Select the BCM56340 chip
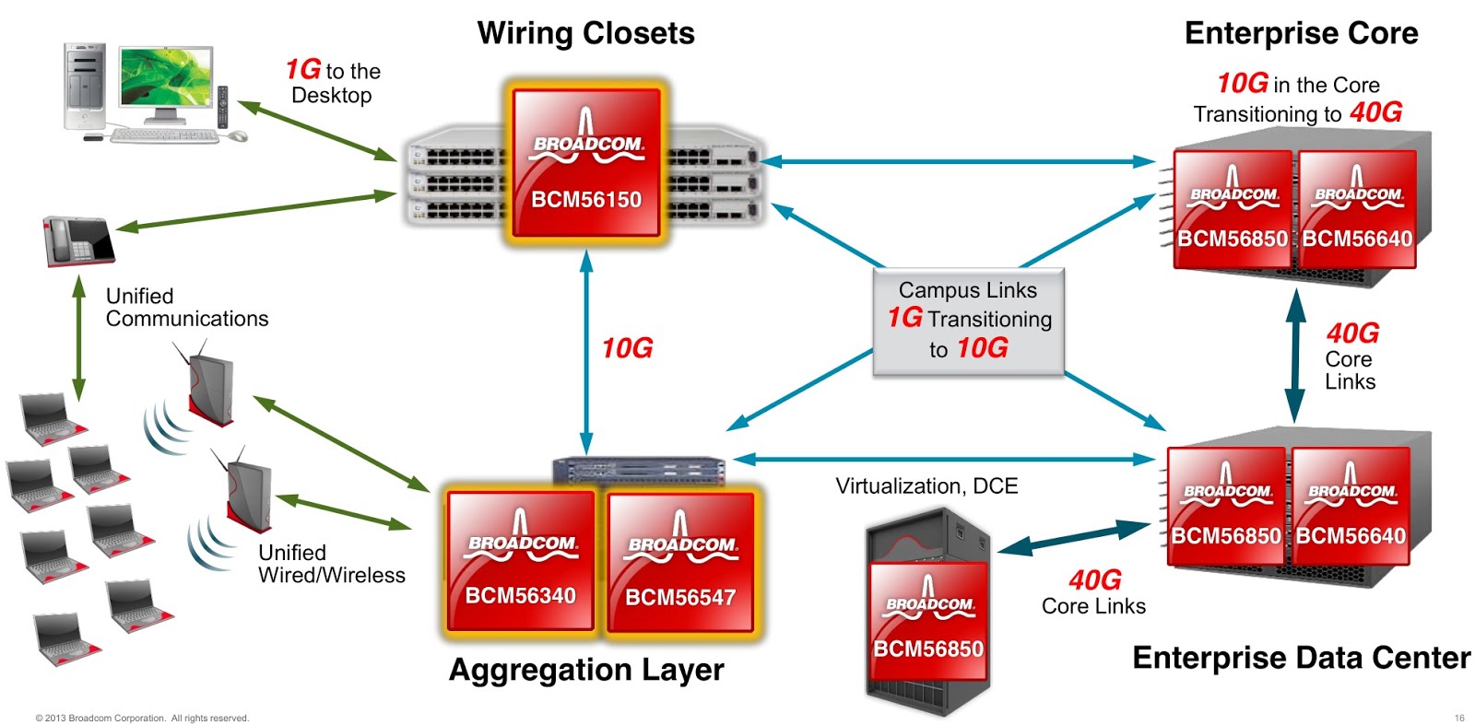521,561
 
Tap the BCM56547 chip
680,563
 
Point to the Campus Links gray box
968,321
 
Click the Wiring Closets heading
585,33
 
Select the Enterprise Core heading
1301,33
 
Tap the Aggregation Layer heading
585,670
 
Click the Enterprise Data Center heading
1301,658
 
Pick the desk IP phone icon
78,240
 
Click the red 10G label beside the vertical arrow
627,348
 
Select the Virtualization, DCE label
926,486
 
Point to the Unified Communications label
186,308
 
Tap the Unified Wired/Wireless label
331,564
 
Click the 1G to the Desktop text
333,82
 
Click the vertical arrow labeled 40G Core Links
1295,356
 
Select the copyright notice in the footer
142,718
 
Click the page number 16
1459,718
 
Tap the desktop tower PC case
84,87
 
